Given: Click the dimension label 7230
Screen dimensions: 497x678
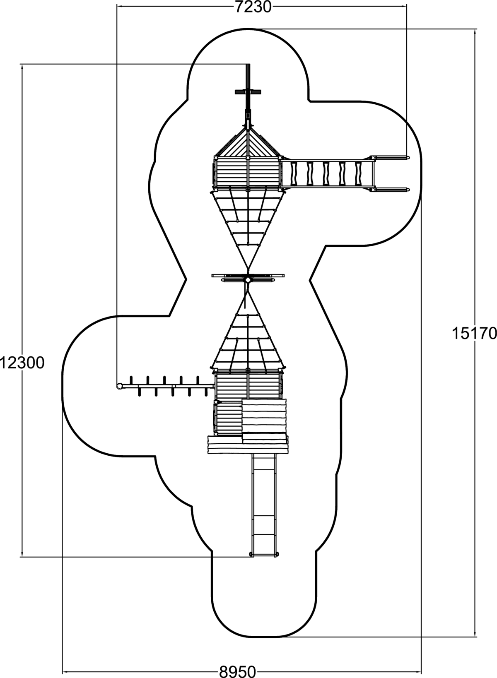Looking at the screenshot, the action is [x=253, y=7].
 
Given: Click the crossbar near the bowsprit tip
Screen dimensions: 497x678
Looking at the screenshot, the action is [x=248, y=92].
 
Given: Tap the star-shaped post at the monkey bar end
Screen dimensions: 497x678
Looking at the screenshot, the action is [x=119, y=386].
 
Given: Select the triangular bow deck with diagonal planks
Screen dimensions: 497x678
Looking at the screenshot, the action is [x=248, y=142].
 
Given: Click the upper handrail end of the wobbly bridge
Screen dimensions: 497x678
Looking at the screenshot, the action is [x=408, y=158].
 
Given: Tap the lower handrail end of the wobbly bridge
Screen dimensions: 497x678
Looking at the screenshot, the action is [x=408, y=190].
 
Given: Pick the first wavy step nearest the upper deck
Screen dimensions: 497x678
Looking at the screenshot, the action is [x=294, y=174].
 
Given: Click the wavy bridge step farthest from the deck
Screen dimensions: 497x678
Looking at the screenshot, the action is [x=358, y=174].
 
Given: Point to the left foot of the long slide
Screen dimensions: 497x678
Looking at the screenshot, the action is [x=251, y=554].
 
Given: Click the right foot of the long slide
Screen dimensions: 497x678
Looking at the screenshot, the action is [x=277, y=554].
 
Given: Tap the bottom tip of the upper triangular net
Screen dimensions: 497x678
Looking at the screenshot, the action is [x=248, y=268].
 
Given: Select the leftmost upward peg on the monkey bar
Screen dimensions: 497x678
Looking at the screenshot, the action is [x=131, y=380].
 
